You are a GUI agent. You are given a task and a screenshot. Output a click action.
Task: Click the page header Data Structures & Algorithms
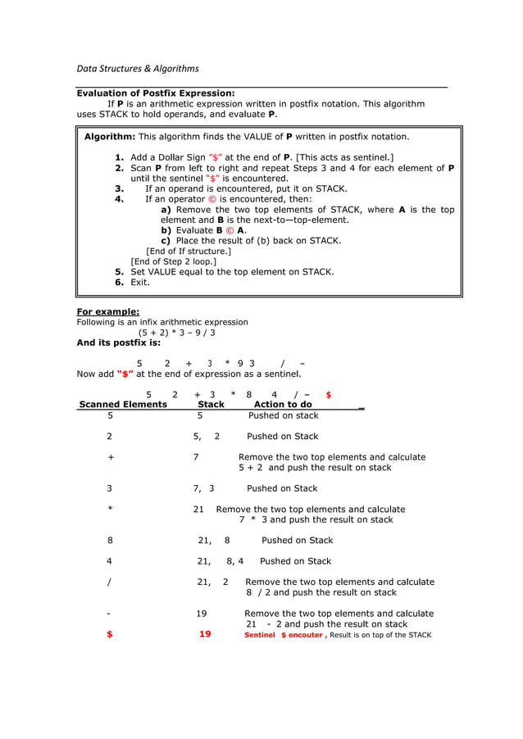coord(137,68)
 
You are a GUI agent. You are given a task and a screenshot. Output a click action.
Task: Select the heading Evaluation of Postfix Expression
coord(156,93)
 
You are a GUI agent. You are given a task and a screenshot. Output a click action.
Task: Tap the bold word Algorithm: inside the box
coord(110,136)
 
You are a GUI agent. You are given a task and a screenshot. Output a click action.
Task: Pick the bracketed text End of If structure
coord(188,252)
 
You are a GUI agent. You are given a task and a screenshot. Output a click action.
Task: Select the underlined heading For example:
coord(107,311)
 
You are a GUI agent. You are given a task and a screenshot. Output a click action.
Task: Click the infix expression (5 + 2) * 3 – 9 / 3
coord(176,333)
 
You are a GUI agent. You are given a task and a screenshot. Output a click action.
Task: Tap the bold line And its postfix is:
coord(118,343)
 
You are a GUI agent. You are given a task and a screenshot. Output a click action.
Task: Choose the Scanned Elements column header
coord(122,404)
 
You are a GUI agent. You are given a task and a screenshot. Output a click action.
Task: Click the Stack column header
coord(211,404)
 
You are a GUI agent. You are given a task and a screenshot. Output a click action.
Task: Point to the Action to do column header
coord(283,404)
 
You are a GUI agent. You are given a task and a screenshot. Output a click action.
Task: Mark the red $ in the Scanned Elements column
coord(110,634)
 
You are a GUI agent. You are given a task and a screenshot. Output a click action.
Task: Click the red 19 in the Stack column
coord(205,634)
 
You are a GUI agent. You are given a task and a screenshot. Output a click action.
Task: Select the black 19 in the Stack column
coord(202,613)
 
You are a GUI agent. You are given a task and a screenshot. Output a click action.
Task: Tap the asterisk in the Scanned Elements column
coord(110,509)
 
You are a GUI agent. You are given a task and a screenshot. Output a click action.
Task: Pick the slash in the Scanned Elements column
coord(110,582)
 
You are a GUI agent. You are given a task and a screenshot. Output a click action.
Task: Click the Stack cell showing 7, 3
coord(203,488)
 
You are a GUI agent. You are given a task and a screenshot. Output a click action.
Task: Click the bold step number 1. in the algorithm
coord(120,157)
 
